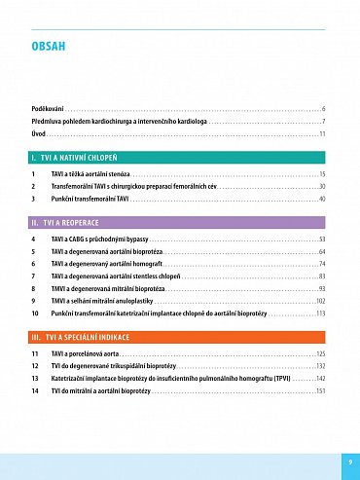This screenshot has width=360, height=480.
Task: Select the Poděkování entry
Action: [48, 107]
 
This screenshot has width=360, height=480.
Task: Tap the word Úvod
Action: [39, 132]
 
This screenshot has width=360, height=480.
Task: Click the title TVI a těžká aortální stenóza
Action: [93, 173]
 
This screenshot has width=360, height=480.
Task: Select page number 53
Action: [322, 239]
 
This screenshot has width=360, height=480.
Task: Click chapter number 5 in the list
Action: [34, 251]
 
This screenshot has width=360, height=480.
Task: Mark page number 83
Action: [322, 277]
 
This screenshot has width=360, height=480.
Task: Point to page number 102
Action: [320, 302]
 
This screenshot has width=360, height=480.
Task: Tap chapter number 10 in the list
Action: [35, 314]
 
